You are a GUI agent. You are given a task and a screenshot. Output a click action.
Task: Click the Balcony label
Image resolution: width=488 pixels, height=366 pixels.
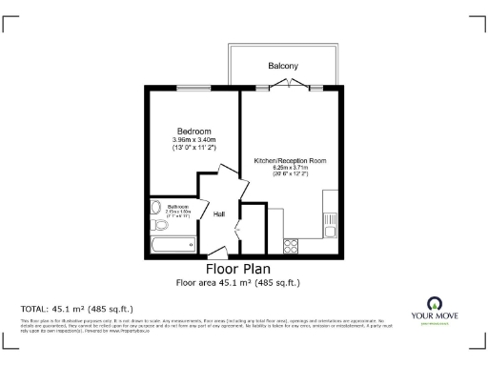coord(282,66)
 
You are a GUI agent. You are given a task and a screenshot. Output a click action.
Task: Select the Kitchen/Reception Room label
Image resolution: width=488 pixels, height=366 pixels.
coord(290,161)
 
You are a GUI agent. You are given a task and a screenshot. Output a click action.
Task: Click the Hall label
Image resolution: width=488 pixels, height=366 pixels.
coord(218,214)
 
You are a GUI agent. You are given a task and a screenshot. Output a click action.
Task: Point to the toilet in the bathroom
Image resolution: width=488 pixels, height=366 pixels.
coord(158,225)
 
